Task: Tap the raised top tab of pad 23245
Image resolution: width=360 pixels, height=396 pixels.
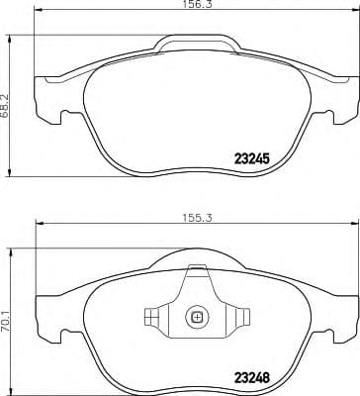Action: coord(197,43)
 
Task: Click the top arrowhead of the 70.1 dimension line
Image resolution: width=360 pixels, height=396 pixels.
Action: coord(13,247)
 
